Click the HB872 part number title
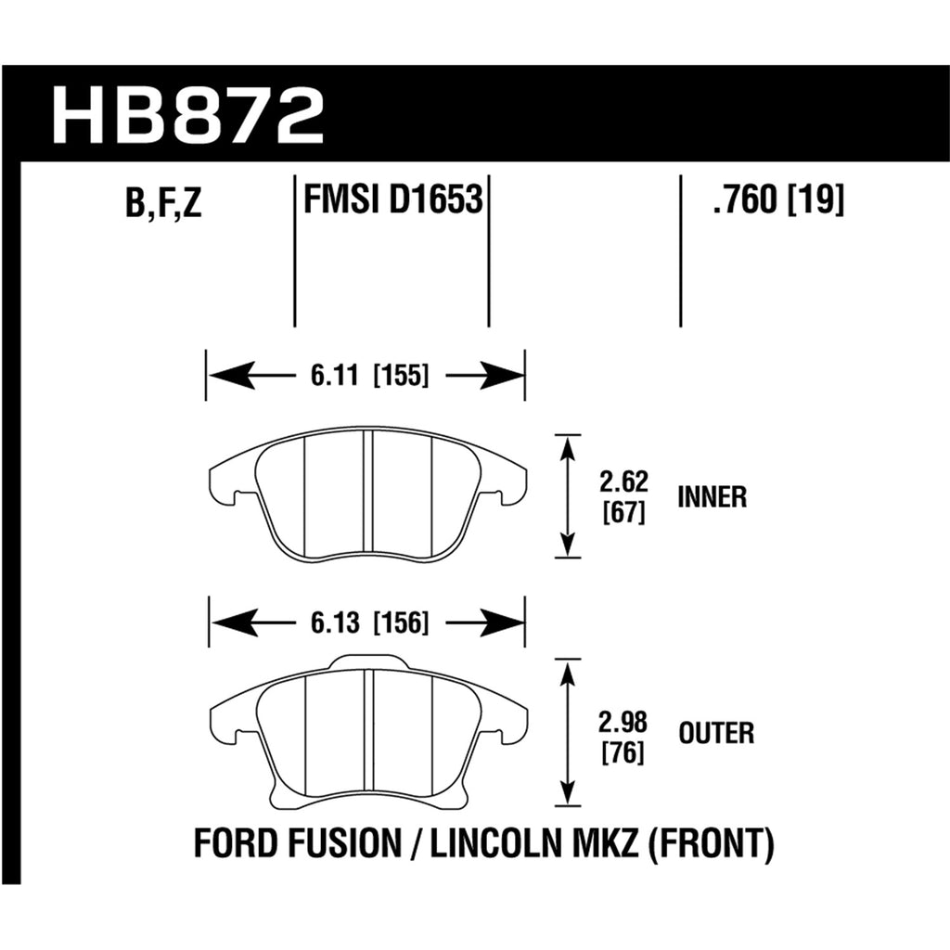(x=187, y=115)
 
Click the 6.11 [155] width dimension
(x=369, y=376)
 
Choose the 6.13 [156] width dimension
(x=369, y=623)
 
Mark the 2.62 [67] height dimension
(x=624, y=497)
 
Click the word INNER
(x=712, y=497)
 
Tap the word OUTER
(x=716, y=733)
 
